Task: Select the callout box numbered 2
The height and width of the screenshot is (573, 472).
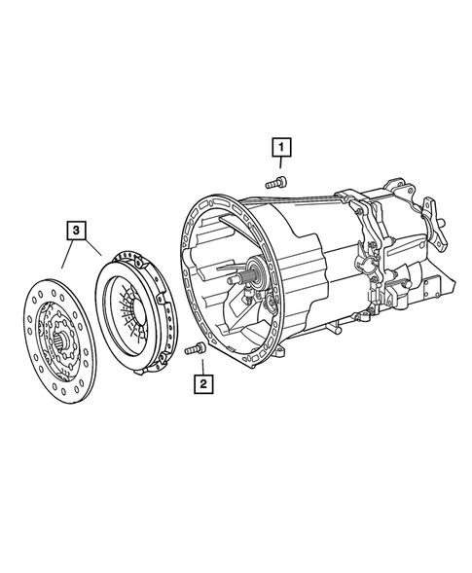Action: (201, 385)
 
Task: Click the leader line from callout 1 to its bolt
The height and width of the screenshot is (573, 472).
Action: (277, 167)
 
